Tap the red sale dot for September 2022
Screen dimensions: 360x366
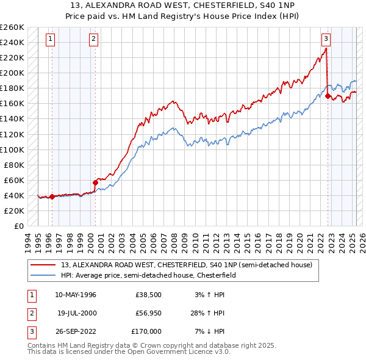click(x=328, y=96)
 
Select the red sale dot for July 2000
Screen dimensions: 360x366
click(x=95, y=182)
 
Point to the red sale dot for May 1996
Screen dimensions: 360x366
click(x=52, y=196)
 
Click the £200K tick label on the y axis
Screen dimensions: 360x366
click(x=12, y=73)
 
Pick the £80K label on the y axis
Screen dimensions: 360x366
click(x=15, y=165)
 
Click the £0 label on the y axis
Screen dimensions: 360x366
click(x=20, y=226)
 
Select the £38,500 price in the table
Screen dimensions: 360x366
click(x=148, y=295)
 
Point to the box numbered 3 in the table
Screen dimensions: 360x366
click(x=30, y=331)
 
